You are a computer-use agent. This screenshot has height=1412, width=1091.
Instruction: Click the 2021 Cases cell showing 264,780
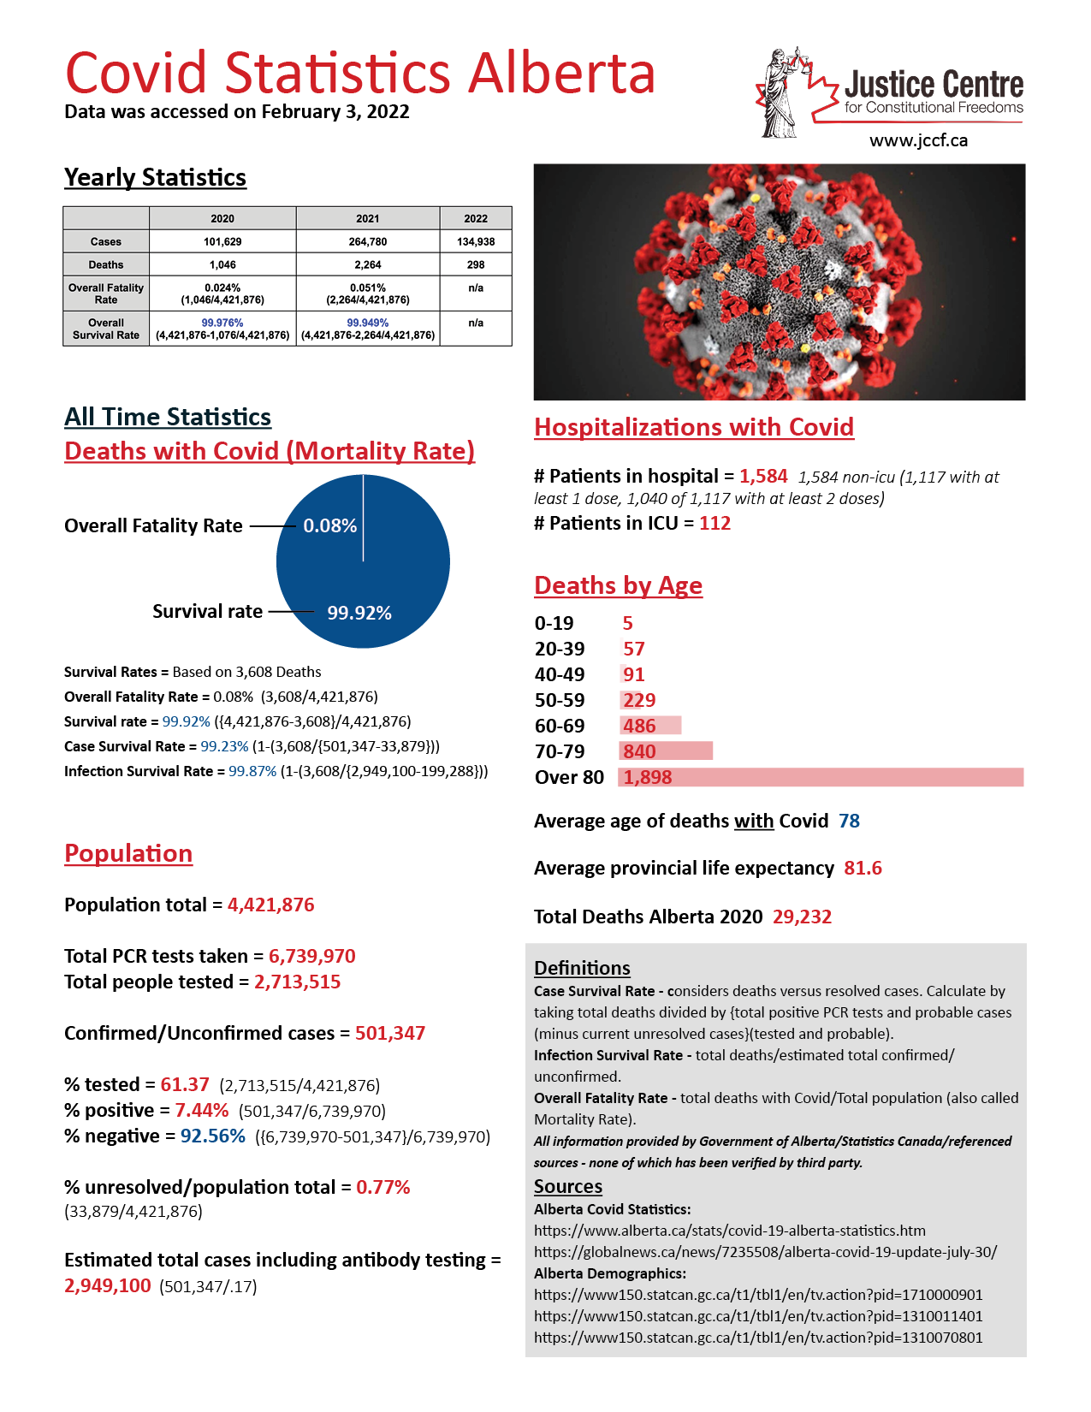368,242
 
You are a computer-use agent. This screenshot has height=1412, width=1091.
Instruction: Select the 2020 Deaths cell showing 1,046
222,265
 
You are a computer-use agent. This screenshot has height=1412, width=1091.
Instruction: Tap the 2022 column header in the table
476,219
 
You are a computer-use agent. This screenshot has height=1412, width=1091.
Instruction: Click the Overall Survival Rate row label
106,329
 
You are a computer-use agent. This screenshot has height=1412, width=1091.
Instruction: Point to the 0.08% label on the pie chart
329,526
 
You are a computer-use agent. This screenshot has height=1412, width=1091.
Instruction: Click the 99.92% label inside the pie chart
359,614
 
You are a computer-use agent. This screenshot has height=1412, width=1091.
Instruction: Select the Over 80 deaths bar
821,777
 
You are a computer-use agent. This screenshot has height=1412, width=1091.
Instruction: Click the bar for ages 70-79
667,751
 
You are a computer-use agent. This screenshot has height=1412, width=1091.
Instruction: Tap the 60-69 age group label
560,727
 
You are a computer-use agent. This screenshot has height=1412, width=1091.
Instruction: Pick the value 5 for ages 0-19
628,624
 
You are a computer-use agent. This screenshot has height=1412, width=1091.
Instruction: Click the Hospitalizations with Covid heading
694,428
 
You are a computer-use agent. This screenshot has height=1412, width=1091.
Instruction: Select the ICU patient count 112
715,524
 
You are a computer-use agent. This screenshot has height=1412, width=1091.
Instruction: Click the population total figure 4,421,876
271,905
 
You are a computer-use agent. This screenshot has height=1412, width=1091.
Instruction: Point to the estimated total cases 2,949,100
108,1286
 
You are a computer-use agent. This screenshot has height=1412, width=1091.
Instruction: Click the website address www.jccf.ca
918,141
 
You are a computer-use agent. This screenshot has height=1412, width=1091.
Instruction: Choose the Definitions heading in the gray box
582,968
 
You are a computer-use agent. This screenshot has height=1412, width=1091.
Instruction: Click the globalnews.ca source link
765,1252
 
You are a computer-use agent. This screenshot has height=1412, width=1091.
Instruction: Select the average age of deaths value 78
849,822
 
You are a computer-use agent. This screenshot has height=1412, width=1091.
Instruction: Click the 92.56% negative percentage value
213,1136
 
